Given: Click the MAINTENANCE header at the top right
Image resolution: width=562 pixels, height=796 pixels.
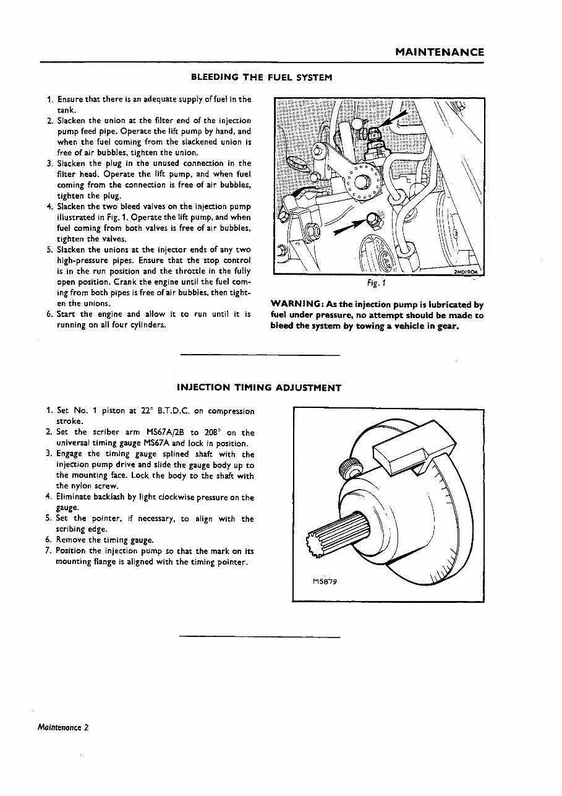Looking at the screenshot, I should tap(440, 53).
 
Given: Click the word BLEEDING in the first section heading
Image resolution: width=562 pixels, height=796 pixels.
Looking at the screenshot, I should tap(215, 77).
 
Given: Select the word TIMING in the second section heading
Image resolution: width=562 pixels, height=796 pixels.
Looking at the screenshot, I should tap(251, 388).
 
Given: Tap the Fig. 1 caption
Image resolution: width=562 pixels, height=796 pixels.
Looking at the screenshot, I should tap(377, 285).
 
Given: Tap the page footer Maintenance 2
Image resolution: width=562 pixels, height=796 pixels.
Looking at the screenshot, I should tap(62, 727).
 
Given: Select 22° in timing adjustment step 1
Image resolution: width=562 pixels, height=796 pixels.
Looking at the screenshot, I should tap(147, 411).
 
